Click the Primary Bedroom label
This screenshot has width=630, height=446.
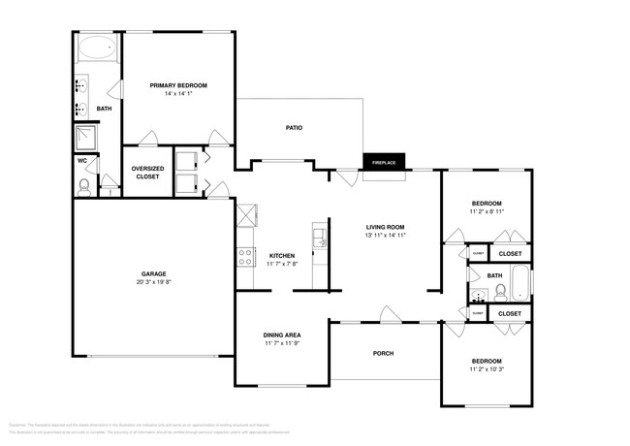[x=178, y=85]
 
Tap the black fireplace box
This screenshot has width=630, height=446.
[x=384, y=162]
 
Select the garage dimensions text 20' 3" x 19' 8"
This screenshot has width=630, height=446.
[x=153, y=283]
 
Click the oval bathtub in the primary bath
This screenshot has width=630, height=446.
[x=96, y=48]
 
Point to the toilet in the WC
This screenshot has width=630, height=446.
[x=85, y=185]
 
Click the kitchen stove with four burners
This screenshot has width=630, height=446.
[x=246, y=257]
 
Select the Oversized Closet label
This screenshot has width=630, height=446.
[x=146, y=173]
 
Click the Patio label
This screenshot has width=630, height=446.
[x=296, y=128]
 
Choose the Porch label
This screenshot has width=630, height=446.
[x=383, y=353]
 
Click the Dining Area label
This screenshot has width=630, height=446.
[x=281, y=335]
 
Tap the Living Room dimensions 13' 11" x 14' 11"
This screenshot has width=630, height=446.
[x=385, y=235]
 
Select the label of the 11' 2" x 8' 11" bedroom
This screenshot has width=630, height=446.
[x=487, y=202]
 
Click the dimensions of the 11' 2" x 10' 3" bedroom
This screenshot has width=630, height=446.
[x=487, y=369]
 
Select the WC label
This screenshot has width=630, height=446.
[x=82, y=160]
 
